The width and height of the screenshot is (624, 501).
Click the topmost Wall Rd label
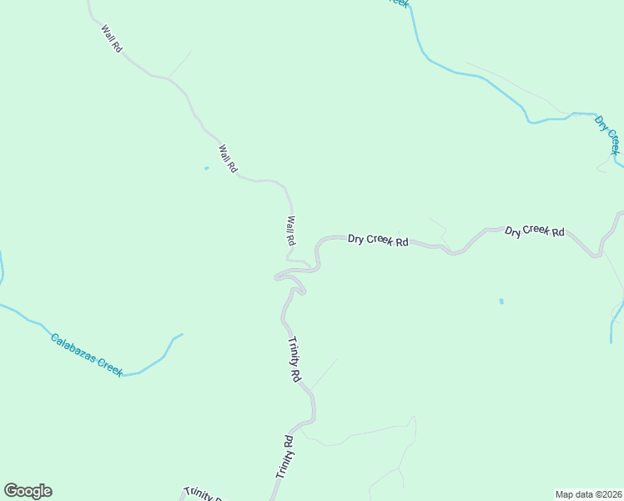click(x=112, y=39)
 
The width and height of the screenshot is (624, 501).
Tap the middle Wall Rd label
click(x=227, y=159)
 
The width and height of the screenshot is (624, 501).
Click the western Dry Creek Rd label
click(x=378, y=240)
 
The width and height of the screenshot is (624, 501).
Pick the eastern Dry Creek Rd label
click(x=535, y=231)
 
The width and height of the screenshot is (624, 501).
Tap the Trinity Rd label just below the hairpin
click(x=294, y=359)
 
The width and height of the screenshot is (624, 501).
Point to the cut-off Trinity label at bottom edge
click(x=203, y=493)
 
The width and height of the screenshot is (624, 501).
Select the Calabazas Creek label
click(x=87, y=354)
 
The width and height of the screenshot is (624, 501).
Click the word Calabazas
click(x=73, y=347)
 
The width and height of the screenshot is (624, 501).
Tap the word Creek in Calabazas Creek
click(x=110, y=366)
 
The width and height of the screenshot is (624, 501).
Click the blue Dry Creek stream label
click(x=607, y=135)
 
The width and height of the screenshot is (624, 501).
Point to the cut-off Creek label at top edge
click(x=399, y=3)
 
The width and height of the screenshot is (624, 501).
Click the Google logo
click(x=28, y=491)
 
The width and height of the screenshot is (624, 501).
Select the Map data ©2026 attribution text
click(x=588, y=493)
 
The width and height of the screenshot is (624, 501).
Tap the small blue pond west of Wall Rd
click(x=206, y=168)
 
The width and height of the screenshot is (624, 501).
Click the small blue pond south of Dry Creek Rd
click(x=501, y=301)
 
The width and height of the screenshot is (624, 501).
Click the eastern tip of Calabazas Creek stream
click(x=181, y=335)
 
